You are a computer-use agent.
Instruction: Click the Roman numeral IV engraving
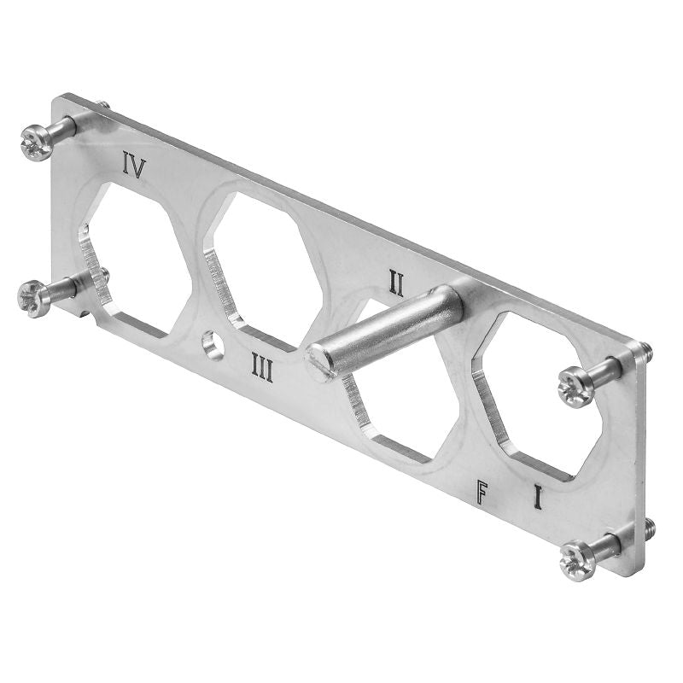pyautogui.click(x=133, y=165)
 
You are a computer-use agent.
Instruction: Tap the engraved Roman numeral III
pyautogui.click(x=262, y=369)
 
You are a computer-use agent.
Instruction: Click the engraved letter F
pyautogui.click(x=484, y=492)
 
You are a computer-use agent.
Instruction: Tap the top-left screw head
pyautogui.click(x=37, y=142)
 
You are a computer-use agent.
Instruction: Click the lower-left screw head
pyautogui.click(x=35, y=298)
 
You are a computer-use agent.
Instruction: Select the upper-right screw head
pyautogui.click(x=575, y=387)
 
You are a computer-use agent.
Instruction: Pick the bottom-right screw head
pyautogui.click(x=576, y=562)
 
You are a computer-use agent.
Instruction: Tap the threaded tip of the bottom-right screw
pyautogui.click(x=649, y=524)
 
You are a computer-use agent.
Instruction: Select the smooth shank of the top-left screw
pyautogui.click(x=63, y=128)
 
